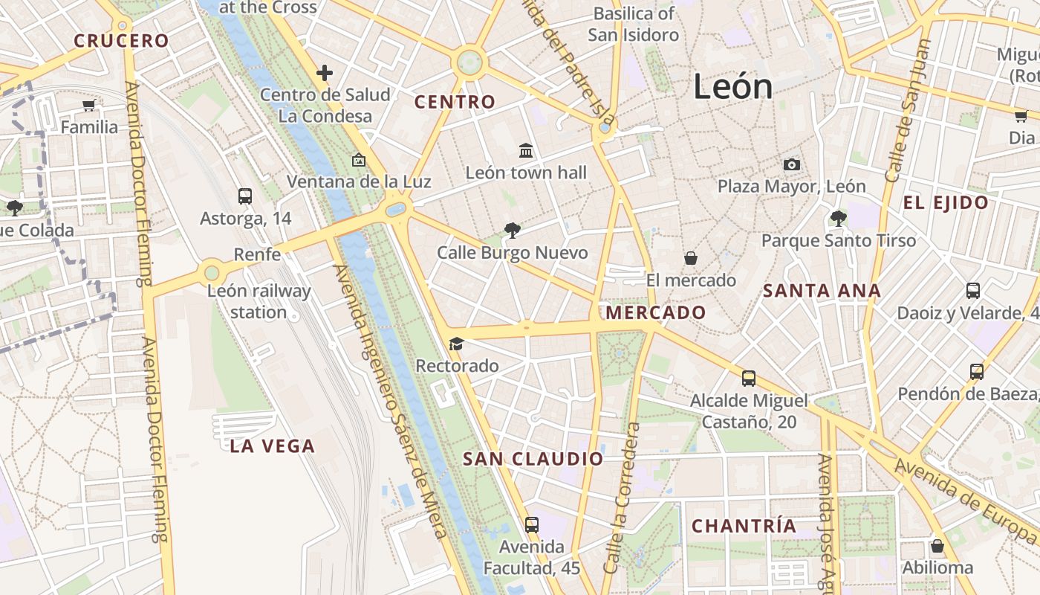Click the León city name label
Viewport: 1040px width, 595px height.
(732, 87)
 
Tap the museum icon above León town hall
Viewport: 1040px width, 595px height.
(526, 151)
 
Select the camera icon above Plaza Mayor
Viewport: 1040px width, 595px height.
(792, 164)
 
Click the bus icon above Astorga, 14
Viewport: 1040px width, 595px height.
(245, 196)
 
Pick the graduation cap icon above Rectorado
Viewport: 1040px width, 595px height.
(456, 344)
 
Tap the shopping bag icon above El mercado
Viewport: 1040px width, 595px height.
(691, 258)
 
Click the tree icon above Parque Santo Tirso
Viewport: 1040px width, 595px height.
(838, 219)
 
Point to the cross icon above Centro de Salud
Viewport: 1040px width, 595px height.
(325, 73)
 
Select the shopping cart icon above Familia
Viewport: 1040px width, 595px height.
(89, 106)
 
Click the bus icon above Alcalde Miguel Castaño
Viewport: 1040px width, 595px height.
(748, 379)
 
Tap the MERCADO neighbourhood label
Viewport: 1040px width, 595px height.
(656, 312)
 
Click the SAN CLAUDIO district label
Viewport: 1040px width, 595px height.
(533, 459)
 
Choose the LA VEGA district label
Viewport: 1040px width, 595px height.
(273, 446)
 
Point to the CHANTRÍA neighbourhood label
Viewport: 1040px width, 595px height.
(744, 526)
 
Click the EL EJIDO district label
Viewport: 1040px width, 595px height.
(946, 202)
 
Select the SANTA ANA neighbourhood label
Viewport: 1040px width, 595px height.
(822, 291)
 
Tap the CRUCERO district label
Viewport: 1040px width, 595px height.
(122, 41)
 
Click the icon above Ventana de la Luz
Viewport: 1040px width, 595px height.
(359, 160)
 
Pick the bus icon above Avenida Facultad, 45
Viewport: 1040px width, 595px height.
(531, 525)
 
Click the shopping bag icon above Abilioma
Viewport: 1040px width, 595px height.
(937, 547)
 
